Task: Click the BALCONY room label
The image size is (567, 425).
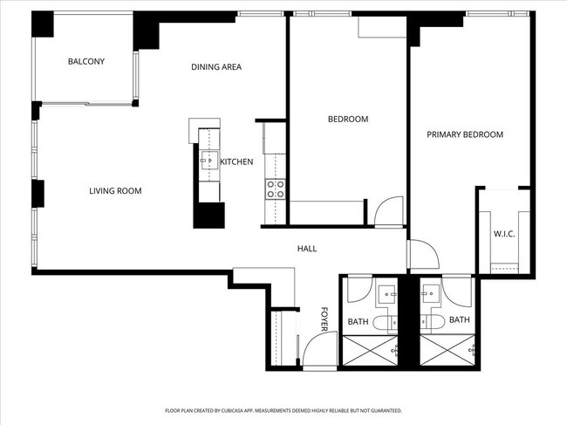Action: pyautogui.click(x=86, y=61)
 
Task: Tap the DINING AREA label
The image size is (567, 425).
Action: pyautogui.click(x=216, y=67)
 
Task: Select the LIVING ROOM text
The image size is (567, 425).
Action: pyautogui.click(x=115, y=191)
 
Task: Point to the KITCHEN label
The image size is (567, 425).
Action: pyautogui.click(x=236, y=162)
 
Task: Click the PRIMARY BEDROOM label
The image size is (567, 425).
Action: pyautogui.click(x=465, y=134)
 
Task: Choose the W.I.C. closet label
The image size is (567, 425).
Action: pyautogui.click(x=504, y=234)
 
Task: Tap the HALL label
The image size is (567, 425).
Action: pyautogui.click(x=307, y=249)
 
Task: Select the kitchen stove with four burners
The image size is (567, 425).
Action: pyautogui.click(x=275, y=189)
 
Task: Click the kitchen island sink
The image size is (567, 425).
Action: pyautogui.click(x=209, y=159)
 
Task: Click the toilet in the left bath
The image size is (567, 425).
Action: pyautogui.click(x=385, y=323)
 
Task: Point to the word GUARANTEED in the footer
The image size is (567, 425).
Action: pyautogui.click(x=382, y=409)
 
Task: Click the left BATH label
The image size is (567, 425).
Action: pyautogui.click(x=358, y=322)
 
